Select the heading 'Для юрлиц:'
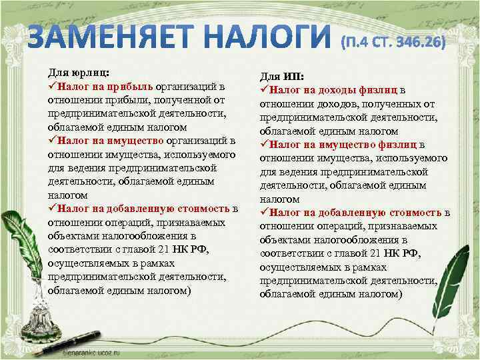[79, 72]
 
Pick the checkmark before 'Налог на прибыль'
[52, 86]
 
